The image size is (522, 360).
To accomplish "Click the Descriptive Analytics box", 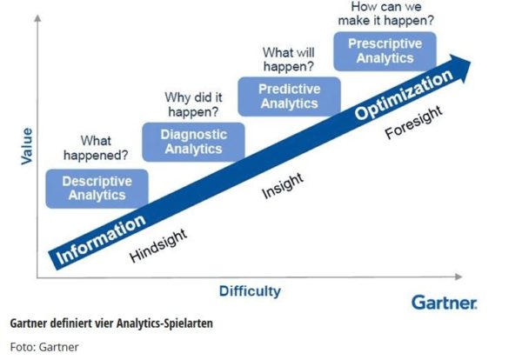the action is pos(97,189).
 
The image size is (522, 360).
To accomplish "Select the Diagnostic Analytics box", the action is pos(193,142).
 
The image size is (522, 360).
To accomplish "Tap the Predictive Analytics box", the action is pos(290,97).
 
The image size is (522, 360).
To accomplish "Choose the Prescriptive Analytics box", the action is pos(385,51).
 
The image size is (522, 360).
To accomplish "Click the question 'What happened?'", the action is pos(96,148).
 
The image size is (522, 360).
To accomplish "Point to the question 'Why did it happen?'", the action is pos(193,104).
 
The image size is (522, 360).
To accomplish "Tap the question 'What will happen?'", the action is pos(289,59).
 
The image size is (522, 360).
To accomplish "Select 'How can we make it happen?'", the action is pos(386,14).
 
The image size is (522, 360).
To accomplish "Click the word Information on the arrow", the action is pos(101,239).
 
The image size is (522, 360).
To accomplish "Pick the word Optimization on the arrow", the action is pos(404,95).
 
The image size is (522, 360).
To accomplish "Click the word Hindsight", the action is pos(158,245).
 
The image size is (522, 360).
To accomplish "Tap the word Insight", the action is pos(283,186).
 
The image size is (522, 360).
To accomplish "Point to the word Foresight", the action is pos(414,123).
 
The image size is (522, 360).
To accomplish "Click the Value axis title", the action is pos(27,146).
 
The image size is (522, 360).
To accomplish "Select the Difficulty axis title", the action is pos(250,291).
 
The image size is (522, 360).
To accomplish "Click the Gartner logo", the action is pos(445,303).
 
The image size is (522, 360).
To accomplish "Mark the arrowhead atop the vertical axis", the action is pos(38,18).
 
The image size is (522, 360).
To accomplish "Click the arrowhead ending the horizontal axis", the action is pos(458,277).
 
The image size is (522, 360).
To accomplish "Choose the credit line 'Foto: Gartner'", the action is pos(44,347).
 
